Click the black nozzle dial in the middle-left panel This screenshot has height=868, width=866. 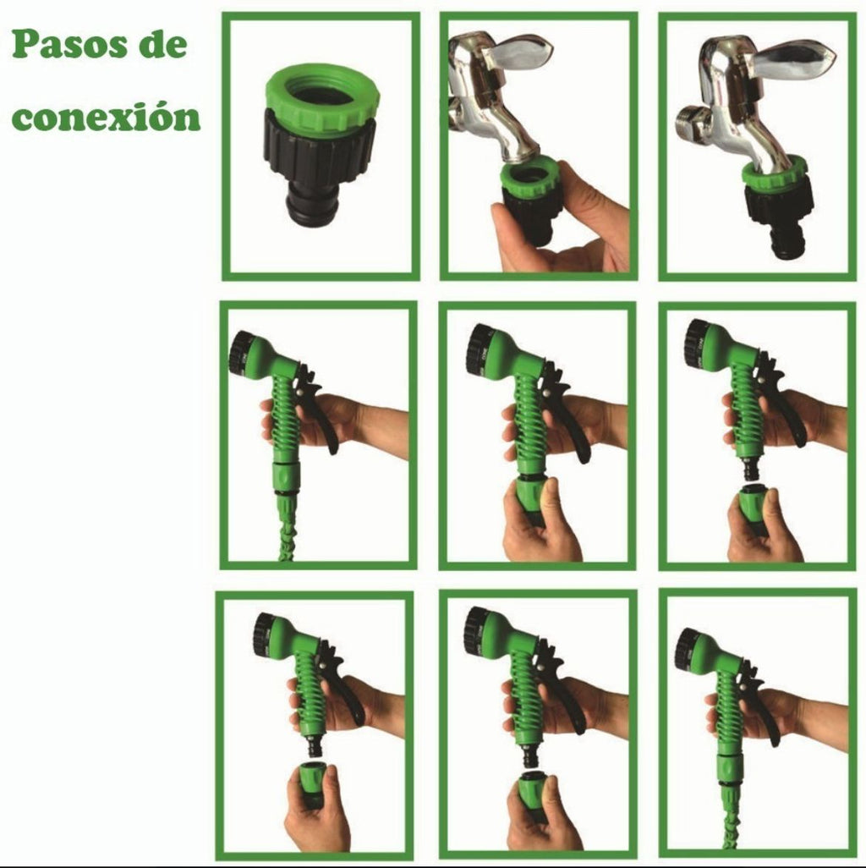(x=240, y=354)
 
